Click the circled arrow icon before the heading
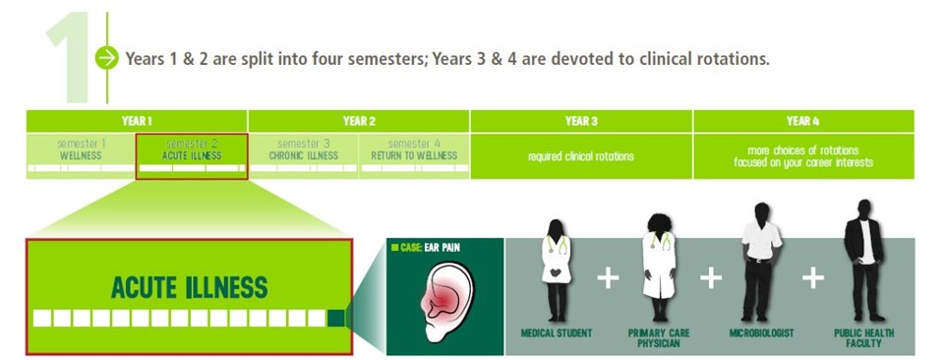pos(106,58)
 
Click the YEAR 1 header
pos(137,121)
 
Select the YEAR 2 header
pos(359,121)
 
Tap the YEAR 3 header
pos(581,121)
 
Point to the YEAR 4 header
pos(803,121)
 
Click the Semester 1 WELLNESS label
pos(81,150)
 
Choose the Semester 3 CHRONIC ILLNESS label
pos(303,150)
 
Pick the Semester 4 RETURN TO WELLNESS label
pos(414,150)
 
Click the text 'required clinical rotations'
pos(581,156)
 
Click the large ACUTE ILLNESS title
pos(189,287)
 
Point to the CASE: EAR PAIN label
pos(432,247)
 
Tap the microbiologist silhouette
pos(761,262)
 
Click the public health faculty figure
pos(863,262)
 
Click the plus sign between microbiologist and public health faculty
pos(812,278)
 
